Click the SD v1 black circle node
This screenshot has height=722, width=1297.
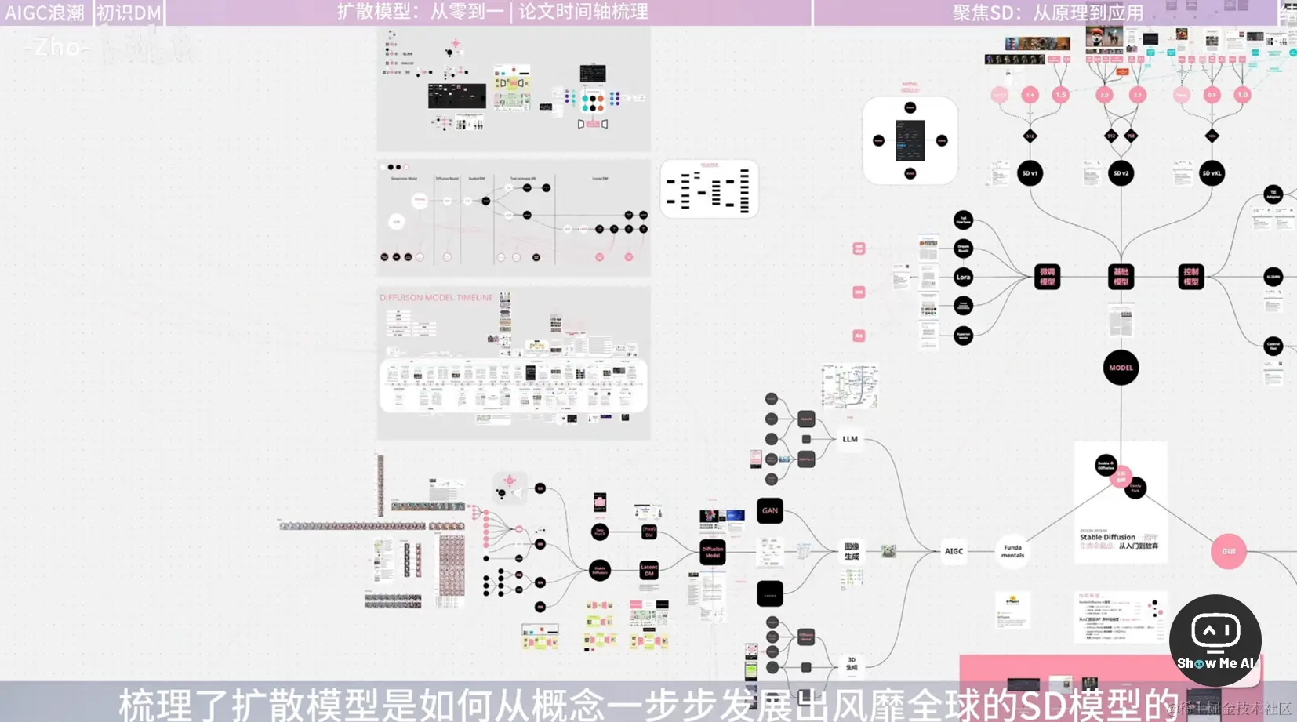click(1030, 173)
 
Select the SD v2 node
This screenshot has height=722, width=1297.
click(1121, 173)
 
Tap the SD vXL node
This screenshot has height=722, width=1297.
click(1212, 173)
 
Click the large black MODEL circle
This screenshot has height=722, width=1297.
click(1121, 368)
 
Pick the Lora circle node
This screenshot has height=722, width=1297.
click(963, 277)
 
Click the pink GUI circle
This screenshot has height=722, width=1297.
click(1228, 551)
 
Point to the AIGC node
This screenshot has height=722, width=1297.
click(954, 551)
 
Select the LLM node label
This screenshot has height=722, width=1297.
click(850, 439)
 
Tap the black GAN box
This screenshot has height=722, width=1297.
click(770, 510)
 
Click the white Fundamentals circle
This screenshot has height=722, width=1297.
click(1012, 551)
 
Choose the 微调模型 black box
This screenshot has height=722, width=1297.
click(1047, 277)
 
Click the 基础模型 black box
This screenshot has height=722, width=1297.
click(1121, 277)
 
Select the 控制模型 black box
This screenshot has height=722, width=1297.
click(1190, 277)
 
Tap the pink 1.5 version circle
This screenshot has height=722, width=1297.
click(1060, 95)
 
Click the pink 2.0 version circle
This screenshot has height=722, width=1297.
click(1104, 95)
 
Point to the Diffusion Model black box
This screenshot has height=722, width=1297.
click(712, 552)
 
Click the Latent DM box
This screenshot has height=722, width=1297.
click(648, 570)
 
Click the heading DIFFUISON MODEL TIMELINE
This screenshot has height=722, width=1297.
click(436, 298)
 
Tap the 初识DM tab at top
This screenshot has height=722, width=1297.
click(129, 13)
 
